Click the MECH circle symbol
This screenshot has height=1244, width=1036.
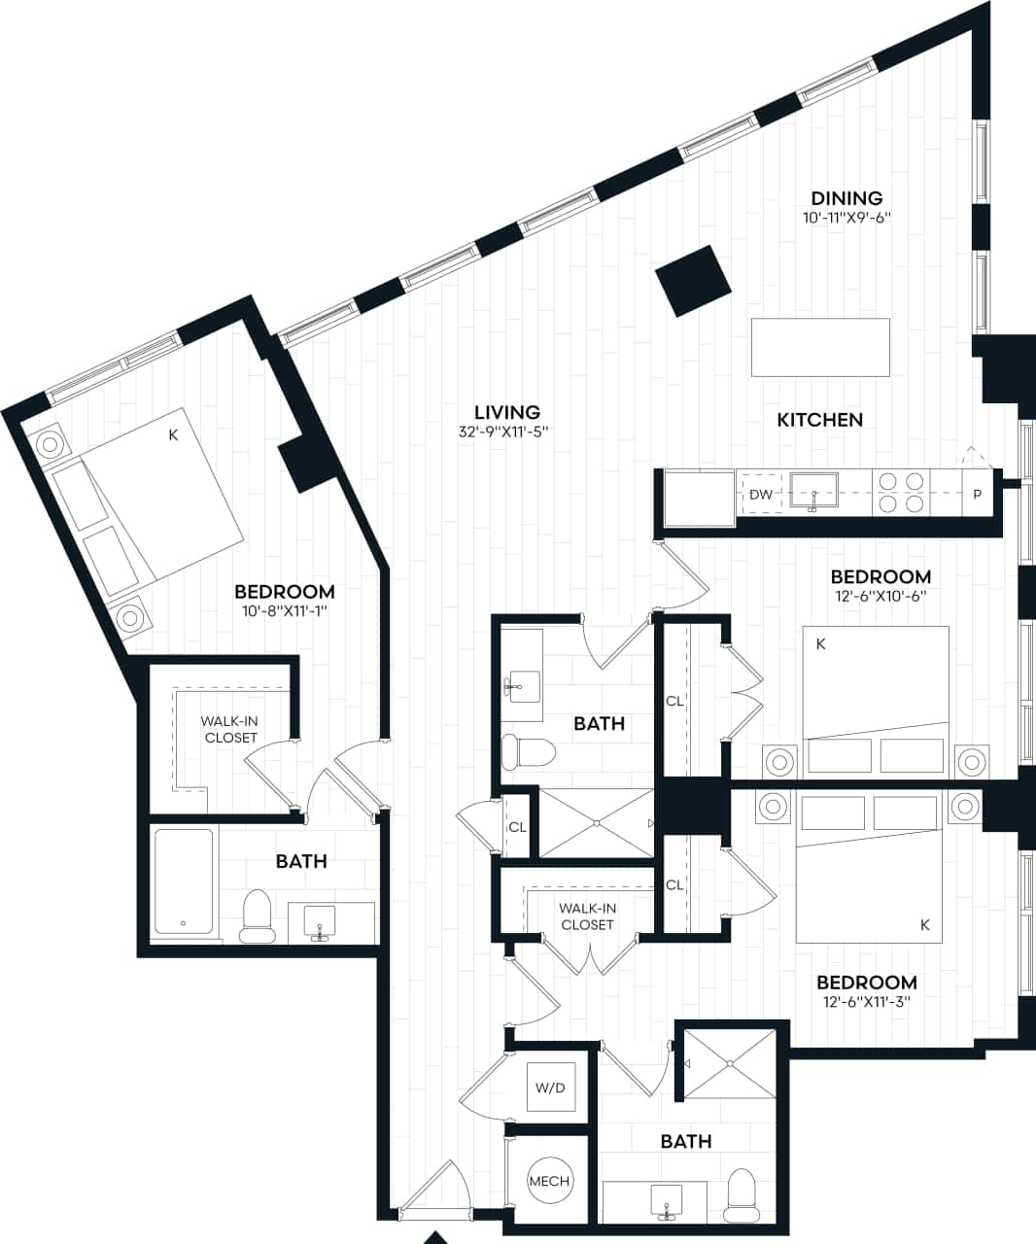pos(549,1181)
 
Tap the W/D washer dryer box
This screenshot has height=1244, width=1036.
pos(549,1088)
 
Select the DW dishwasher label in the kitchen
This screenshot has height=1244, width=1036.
pos(761,495)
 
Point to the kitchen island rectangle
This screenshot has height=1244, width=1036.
pos(820,347)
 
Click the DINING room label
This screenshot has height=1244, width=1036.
pos(846,198)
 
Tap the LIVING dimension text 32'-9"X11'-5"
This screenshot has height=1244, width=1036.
pos(504,432)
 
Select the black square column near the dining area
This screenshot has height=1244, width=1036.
pos(693,280)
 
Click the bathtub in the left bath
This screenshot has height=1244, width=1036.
pos(184,881)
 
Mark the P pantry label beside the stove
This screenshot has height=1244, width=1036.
pos(977,495)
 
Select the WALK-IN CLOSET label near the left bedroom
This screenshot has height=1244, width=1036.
pos(229,729)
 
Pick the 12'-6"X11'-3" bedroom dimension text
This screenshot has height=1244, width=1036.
pos(866,1002)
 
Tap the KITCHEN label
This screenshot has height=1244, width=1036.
pos(819,420)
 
